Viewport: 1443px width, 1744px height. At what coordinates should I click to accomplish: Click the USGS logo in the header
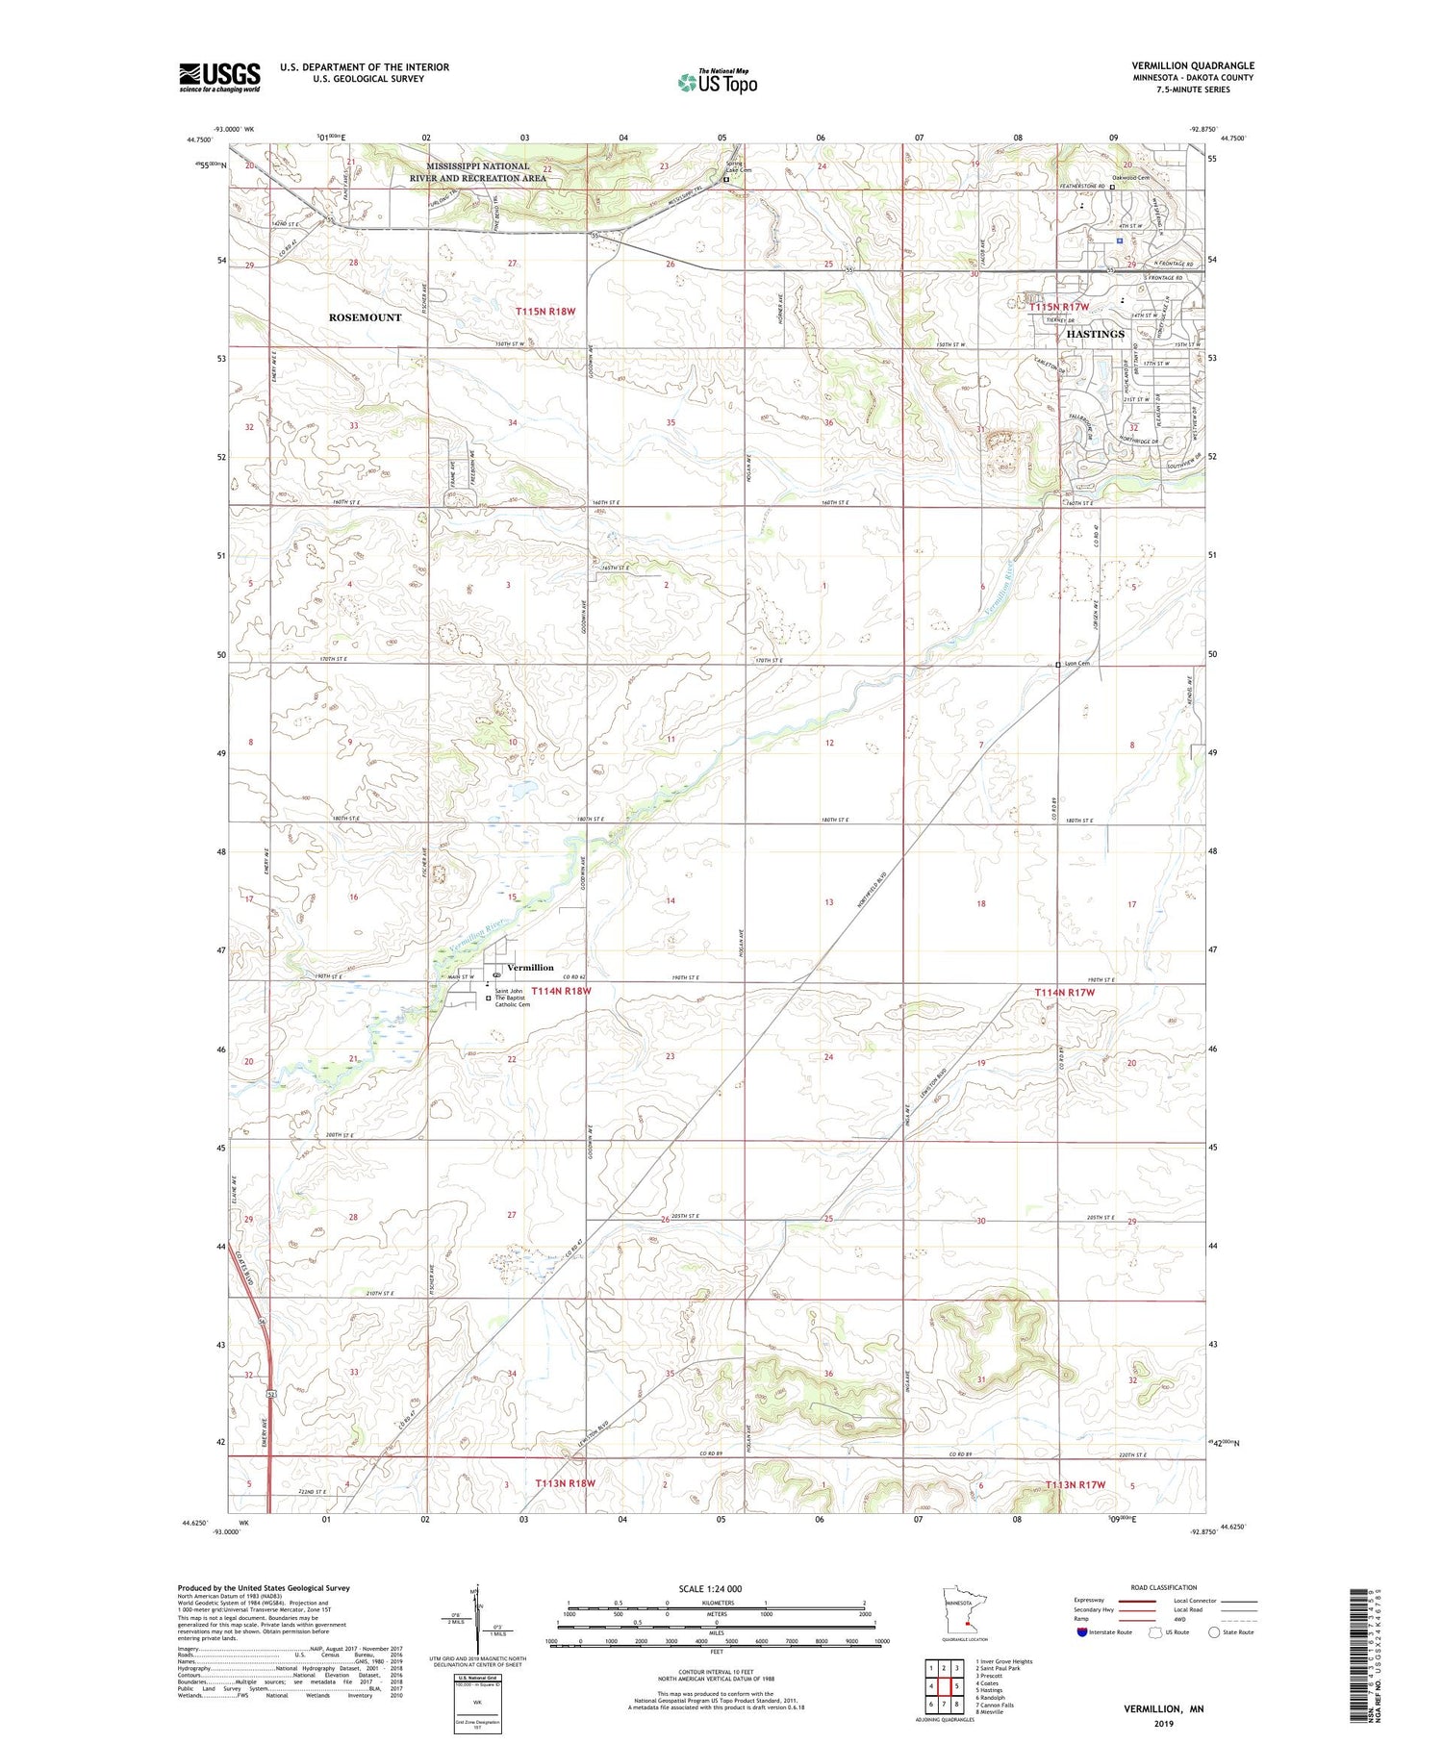(219, 77)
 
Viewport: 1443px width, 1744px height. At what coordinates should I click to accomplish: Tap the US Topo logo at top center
(716, 82)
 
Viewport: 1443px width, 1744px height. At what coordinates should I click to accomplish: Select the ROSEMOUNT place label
(365, 317)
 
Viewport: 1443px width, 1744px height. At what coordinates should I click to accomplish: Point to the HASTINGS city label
(1095, 334)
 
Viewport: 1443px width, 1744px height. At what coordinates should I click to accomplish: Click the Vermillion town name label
(530, 968)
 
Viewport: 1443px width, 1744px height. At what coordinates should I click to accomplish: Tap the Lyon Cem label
(1076, 664)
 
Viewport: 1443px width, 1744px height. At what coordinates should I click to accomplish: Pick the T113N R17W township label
(1075, 1485)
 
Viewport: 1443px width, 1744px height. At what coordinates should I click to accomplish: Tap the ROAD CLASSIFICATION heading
(1163, 1587)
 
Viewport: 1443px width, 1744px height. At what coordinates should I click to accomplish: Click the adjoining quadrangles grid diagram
(944, 1686)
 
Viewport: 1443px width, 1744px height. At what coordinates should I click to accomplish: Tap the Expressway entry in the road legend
(1092, 1601)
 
